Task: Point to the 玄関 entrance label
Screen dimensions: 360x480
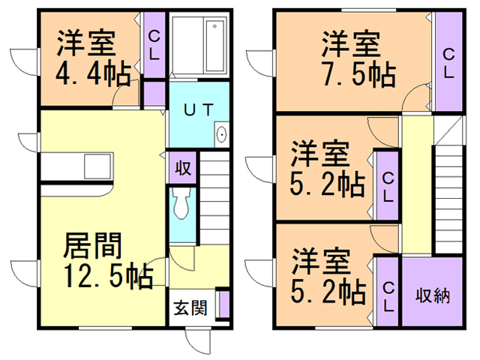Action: [190, 307]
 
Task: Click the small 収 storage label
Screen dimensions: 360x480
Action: [182, 167]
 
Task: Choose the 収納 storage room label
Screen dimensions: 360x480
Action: [433, 294]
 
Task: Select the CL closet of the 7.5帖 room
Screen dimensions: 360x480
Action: [448, 63]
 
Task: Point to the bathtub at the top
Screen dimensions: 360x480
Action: [197, 46]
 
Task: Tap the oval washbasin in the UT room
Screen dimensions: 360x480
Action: [222, 136]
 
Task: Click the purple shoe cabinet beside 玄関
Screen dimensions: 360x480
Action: [223, 305]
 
